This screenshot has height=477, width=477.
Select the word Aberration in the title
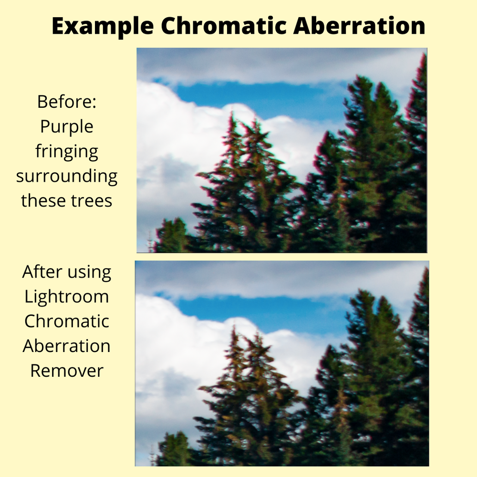click(x=359, y=26)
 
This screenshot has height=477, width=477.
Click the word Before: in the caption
click(x=67, y=102)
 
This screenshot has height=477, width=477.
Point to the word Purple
click(x=67, y=127)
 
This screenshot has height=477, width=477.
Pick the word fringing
click(x=67, y=152)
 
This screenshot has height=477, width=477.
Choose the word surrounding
click(x=67, y=176)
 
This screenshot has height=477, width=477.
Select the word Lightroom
click(x=67, y=297)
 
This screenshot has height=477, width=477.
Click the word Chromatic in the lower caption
click(x=67, y=321)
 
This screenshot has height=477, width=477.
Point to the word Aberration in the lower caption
click(x=67, y=346)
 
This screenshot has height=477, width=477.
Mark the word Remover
click(x=67, y=371)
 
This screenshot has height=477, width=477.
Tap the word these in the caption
click(x=43, y=200)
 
